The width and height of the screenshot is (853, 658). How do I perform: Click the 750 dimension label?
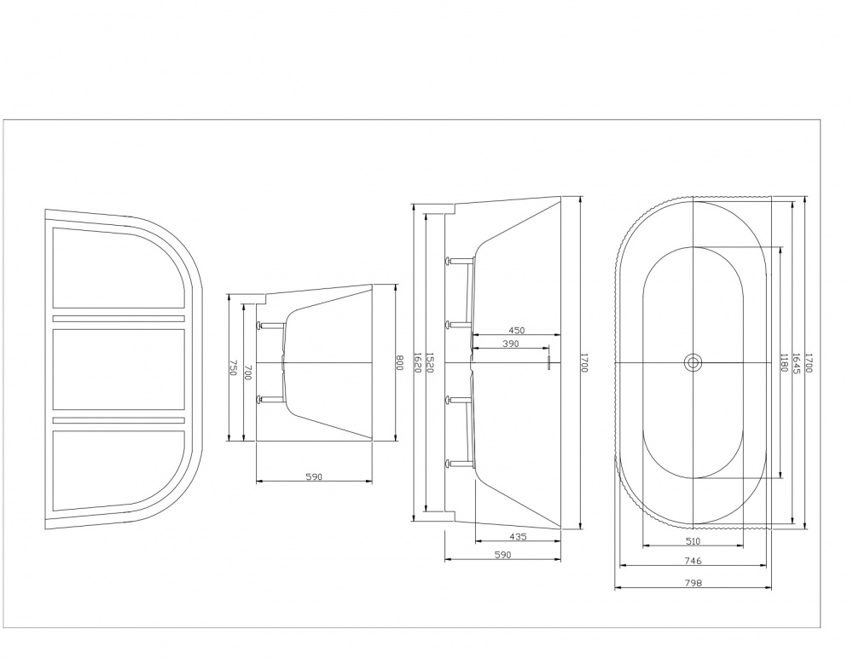[232, 367]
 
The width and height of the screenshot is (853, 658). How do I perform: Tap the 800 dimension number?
[398, 363]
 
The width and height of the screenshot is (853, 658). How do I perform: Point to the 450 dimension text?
[515, 330]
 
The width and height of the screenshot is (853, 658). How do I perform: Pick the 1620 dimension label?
[416, 363]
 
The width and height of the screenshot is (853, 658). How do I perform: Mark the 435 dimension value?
[516, 537]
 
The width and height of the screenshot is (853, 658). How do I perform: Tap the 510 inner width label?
[693, 540]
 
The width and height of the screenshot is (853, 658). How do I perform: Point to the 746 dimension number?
[693, 561]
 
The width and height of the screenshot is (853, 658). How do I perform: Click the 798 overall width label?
[693, 584]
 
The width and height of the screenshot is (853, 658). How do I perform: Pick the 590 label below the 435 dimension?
[502, 556]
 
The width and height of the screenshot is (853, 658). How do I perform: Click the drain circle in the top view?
[693, 363]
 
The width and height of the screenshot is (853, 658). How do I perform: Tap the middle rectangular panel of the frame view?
[119, 370]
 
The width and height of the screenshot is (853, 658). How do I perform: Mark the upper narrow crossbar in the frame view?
[119, 319]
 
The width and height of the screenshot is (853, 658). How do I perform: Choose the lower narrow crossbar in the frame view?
[119, 420]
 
